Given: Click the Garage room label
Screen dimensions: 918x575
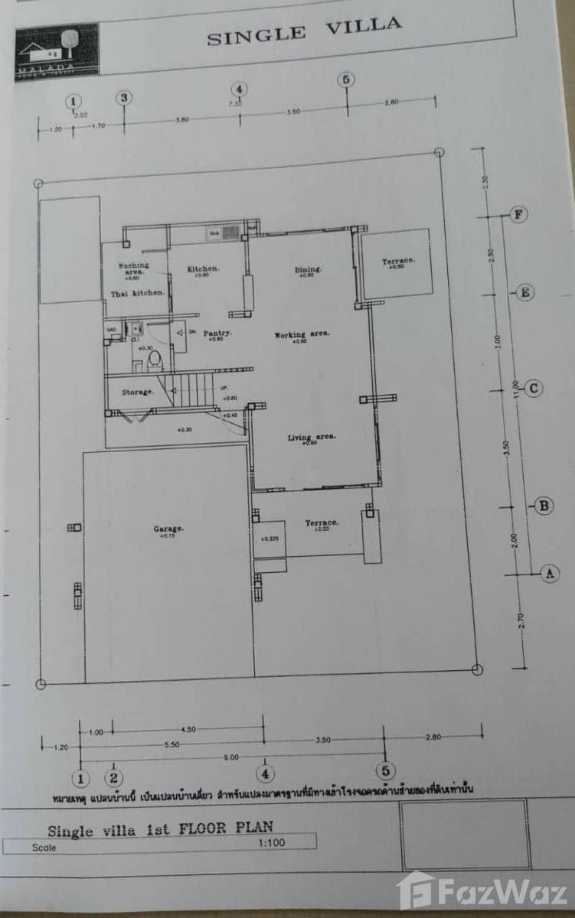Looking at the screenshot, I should tap(168, 528).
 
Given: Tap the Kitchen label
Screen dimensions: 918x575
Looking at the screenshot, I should tap(204, 269).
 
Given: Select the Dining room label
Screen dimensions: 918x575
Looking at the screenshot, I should tap(307, 269).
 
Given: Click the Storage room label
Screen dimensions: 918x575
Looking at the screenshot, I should tap(138, 392).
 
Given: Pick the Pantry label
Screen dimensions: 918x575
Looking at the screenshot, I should tap(218, 333).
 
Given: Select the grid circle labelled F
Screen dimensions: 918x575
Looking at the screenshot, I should tap(519, 214).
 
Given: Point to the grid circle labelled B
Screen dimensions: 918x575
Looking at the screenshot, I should tap(544, 505).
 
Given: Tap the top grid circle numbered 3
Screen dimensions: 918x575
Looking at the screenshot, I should tap(124, 97).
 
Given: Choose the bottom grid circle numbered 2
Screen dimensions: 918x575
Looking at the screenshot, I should tap(114, 779).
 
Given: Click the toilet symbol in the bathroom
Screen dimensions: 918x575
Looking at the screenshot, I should tap(154, 359).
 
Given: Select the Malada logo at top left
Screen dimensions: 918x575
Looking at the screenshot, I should tap(57, 48).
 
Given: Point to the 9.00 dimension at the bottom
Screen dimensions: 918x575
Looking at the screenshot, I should tap(232, 757).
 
